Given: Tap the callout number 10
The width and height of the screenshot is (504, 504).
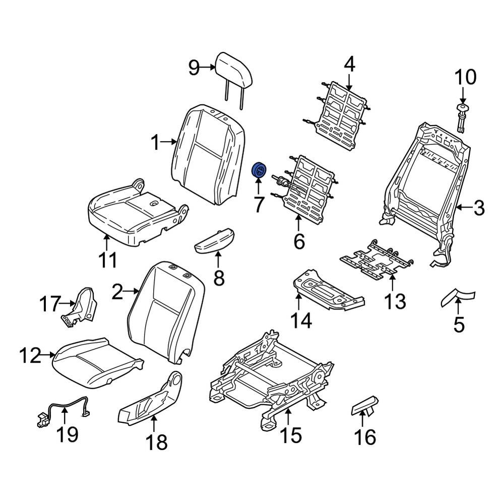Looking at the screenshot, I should tap(465, 78).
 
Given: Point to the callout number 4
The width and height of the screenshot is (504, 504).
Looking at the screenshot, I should tap(349, 64).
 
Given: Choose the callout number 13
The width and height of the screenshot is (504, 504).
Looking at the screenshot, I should tap(394, 301).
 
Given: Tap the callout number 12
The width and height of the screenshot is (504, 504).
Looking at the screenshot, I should tap(30, 357).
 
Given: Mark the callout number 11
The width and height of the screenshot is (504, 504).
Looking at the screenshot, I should tap(107, 260).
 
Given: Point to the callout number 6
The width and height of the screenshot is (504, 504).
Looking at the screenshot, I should tap(299, 242).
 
